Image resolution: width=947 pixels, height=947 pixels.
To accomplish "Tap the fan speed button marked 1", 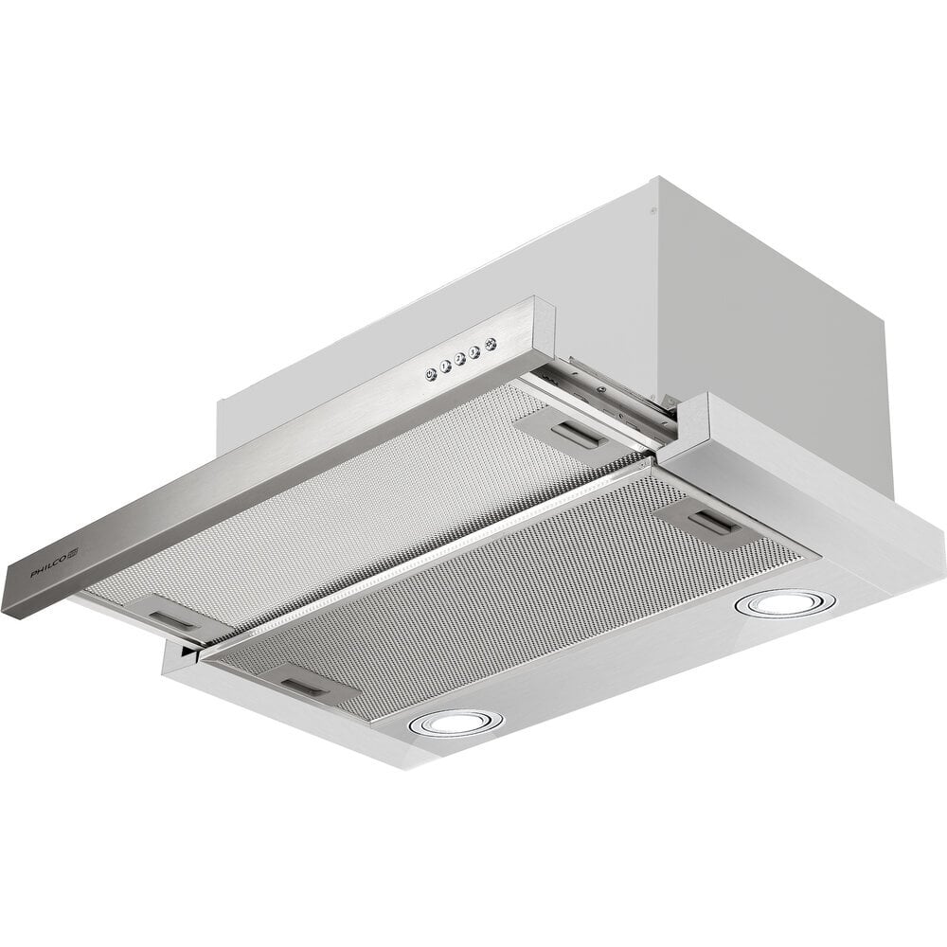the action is coord(444,366).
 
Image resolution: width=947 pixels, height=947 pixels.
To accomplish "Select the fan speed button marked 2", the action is coord(459,359).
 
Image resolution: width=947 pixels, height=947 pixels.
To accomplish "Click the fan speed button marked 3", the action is coord(474,351).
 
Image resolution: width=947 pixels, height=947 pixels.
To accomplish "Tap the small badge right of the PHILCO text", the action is coord(73,553).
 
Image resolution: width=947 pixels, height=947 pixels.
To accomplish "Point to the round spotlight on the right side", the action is coord(784,602).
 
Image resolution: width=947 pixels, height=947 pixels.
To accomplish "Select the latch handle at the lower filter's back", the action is coord(716,524).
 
